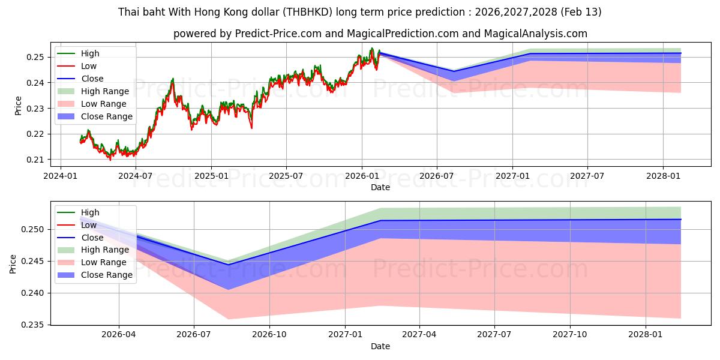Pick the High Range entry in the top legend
click(105, 91)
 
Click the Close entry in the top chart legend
click(92, 79)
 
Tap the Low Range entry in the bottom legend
click(104, 262)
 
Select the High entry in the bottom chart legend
click(90, 212)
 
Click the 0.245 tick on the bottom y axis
click(33, 261)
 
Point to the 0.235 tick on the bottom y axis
click(33, 325)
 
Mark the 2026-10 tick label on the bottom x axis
click(269, 334)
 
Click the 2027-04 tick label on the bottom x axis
click(419, 334)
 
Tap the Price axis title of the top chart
click(18, 106)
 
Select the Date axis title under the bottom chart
click(380, 346)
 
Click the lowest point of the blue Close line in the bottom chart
click(228, 265)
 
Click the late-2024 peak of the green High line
click(173, 79)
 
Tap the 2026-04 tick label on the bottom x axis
click(119, 334)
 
